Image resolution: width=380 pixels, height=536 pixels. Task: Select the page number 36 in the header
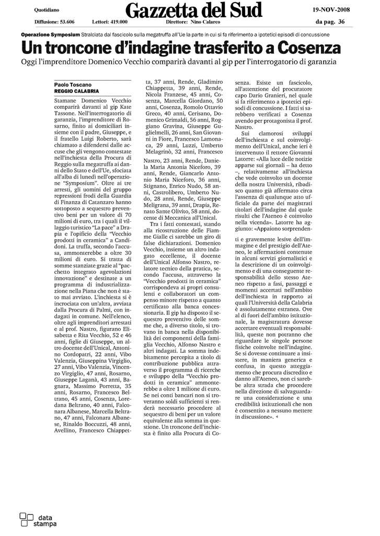tap(341, 22)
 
